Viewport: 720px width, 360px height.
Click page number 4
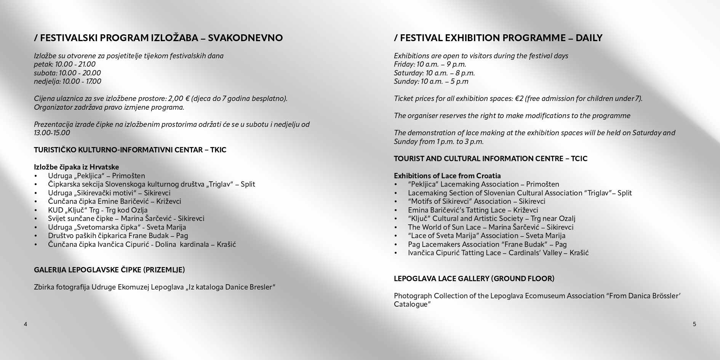pos(26,324)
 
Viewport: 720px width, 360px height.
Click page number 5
pos(694,324)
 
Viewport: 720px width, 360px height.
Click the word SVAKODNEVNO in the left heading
pos(245,38)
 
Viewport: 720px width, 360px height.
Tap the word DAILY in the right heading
pos(589,38)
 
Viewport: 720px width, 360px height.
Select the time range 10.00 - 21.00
pos(75,64)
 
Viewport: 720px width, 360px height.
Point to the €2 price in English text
pos(519,99)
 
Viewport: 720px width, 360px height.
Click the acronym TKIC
pos(218,150)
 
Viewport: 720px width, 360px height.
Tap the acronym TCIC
pos(579,159)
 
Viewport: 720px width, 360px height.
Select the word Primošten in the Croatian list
pos(128,176)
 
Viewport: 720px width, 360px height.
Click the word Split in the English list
pos(624,193)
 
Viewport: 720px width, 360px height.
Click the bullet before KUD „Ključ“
pos(36,210)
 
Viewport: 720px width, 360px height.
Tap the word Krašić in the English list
pos(579,253)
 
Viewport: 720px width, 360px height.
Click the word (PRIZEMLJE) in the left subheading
pos(164,270)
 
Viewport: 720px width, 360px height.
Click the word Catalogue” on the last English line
pos(412,304)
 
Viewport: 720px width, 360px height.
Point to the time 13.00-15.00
pos(52,133)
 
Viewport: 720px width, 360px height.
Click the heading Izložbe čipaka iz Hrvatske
pos(76,167)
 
